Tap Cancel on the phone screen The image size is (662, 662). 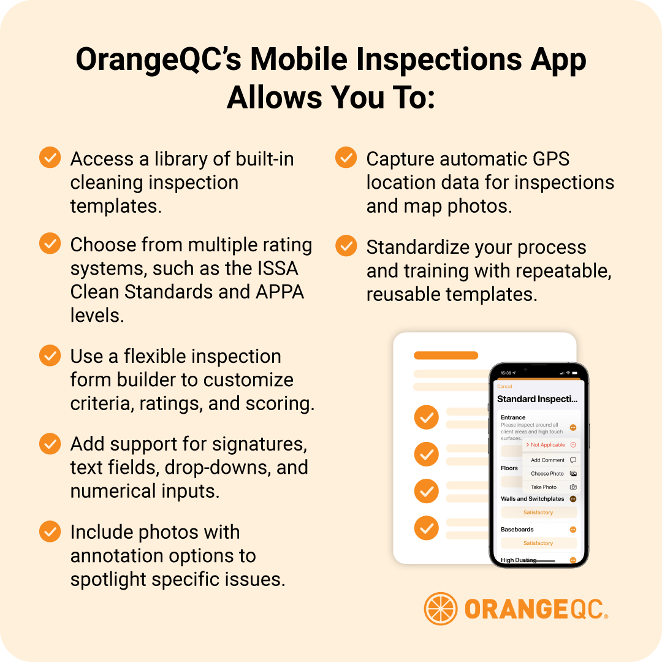click(x=504, y=387)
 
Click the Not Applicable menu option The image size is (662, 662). click(x=547, y=445)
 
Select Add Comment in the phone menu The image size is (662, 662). click(x=547, y=460)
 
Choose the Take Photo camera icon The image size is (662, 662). click(x=573, y=487)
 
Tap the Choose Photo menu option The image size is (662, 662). click(x=547, y=473)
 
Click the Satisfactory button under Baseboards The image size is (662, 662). click(x=538, y=543)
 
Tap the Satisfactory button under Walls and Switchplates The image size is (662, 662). click(x=538, y=512)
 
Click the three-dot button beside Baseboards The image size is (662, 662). click(x=573, y=530)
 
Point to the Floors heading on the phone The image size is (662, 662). click(x=509, y=468)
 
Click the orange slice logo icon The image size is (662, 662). click(x=440, y=609)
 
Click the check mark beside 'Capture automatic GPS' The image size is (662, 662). click(x=346, y=158)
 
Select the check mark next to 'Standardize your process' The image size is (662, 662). click(x=346, y=246)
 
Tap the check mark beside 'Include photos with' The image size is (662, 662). click(x=50, y=531)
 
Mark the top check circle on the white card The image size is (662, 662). click(x=427, y=418)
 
